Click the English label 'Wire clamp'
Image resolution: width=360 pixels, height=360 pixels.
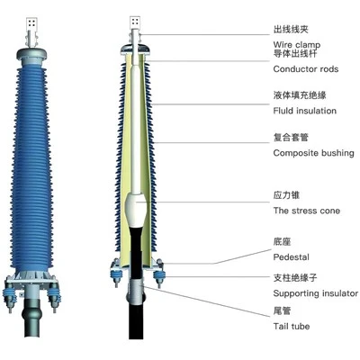pos(297,45)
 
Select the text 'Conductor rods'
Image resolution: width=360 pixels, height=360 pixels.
pos(306,69)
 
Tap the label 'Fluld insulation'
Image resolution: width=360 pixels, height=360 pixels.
pos(305,111)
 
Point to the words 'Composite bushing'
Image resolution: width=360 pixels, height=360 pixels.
pos(314,153)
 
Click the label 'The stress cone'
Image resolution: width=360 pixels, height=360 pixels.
pos(307,211)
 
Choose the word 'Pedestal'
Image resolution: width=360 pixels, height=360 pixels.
pos(291,257)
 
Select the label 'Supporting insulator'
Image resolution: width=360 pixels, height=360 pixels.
pos(316,293)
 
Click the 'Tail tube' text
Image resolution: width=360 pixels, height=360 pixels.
pos(292,326)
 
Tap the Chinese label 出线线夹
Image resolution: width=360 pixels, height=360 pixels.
pos(291,30)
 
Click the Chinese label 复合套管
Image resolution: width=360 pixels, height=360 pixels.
pos(291,138)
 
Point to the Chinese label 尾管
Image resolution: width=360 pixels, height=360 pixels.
pos(282,310)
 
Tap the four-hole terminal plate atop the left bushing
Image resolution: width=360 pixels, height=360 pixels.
pos(31,23)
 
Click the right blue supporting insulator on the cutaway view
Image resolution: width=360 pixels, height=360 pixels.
pos(158,276)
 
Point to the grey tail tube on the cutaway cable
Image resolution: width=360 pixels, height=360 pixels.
pos(136,292)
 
